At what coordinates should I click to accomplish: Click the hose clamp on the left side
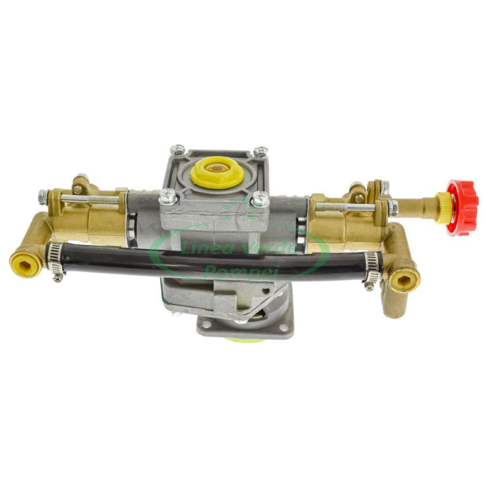(56, 256)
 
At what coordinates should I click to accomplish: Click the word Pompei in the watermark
(235, 273)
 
